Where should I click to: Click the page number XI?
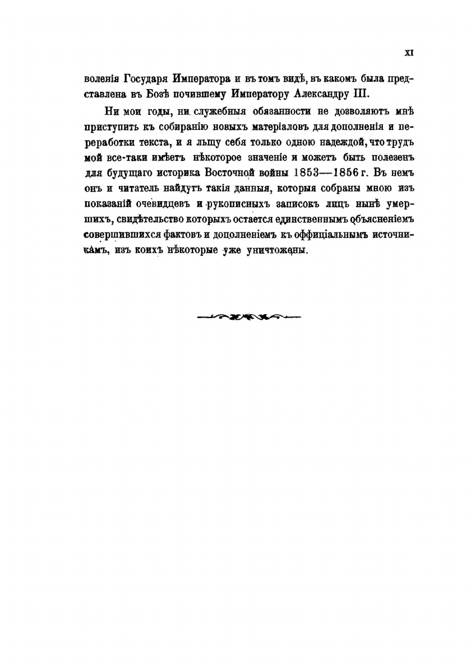click(x=409, y=52)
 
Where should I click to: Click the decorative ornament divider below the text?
click(x=249, y=317)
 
